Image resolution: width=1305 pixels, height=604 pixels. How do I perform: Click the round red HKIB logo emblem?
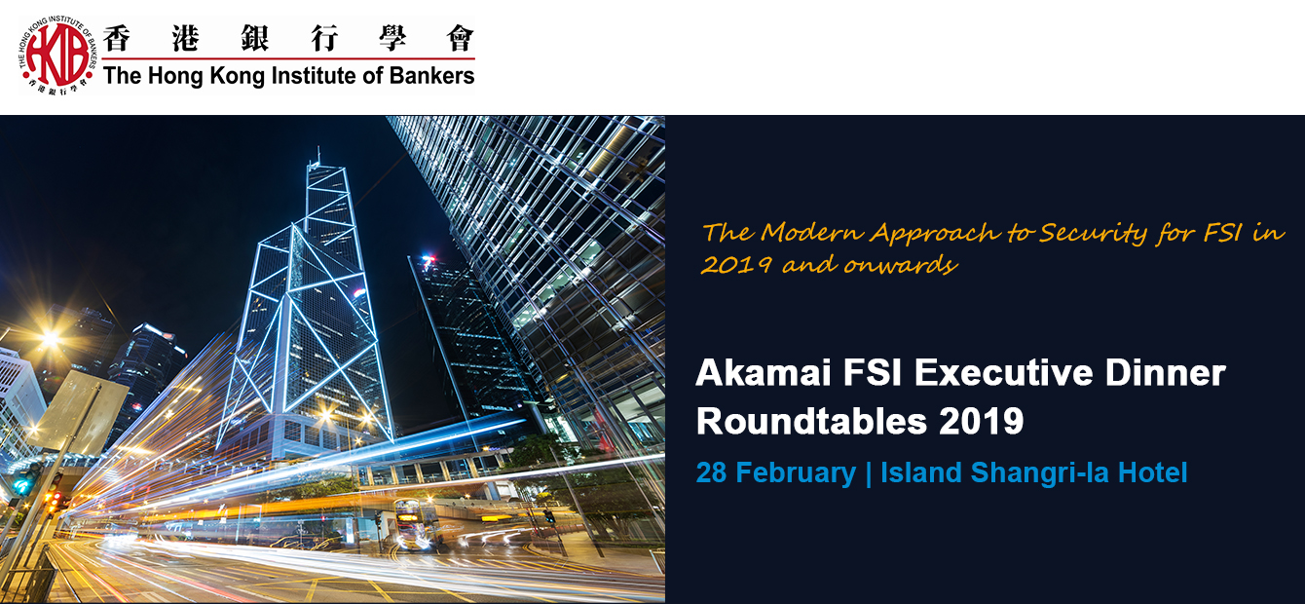(56, 56)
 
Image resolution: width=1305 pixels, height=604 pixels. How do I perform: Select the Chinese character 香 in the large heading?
(117, 38)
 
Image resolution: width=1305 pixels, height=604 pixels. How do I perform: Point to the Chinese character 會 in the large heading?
(460, 38)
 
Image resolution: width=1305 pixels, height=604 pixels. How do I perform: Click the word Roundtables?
(811, 421)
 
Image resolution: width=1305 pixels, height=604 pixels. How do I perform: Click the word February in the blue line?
(796, 472)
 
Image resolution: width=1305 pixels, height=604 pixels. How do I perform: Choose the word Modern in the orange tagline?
(812, 232)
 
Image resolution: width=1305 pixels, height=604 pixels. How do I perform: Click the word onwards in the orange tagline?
(901, 265)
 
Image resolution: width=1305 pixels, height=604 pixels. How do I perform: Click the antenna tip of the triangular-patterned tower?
(318, 148)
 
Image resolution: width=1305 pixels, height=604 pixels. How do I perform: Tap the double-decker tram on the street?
(415, 524)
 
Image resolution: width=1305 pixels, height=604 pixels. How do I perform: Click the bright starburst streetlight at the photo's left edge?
(51, 338)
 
